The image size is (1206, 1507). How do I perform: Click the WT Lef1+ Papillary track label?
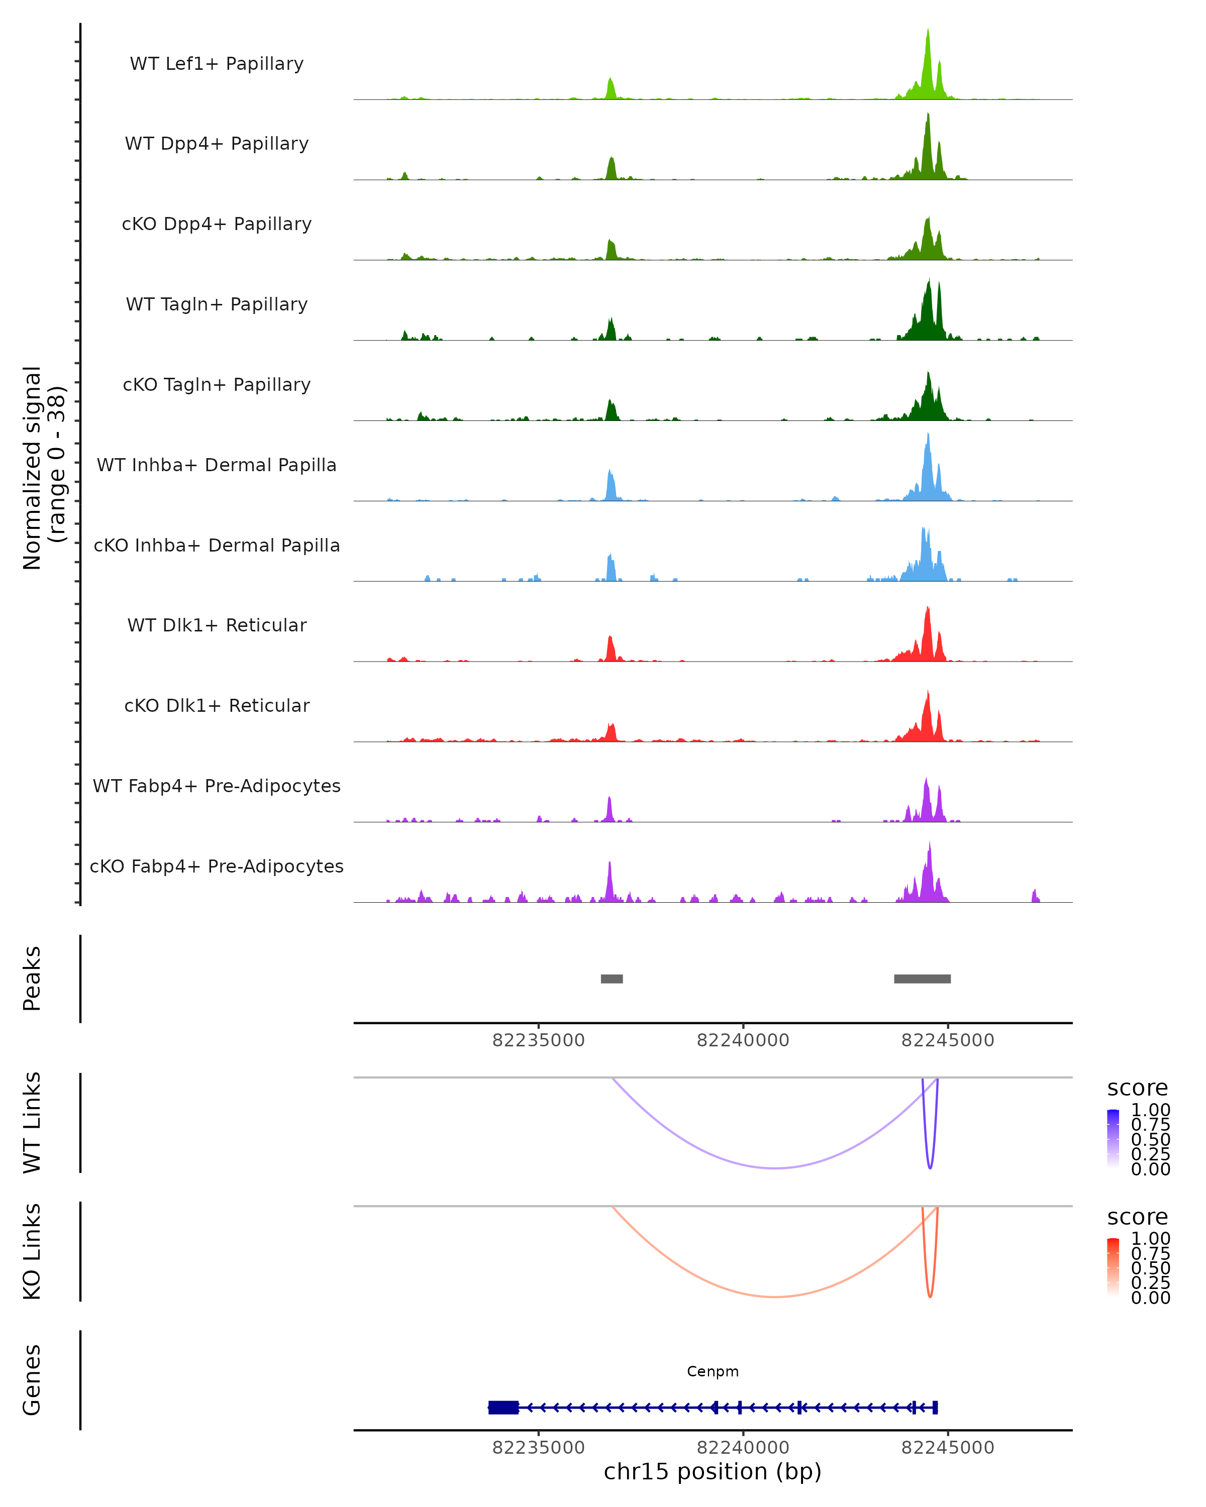(217, 64)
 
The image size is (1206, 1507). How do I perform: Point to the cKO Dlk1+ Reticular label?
(217, 705)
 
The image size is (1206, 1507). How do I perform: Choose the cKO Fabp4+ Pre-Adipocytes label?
(217, 866)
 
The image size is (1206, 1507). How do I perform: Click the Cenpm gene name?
(713, 1371)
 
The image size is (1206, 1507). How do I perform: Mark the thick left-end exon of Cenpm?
(504, 1407)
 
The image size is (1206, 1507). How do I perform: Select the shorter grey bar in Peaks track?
(612, 979)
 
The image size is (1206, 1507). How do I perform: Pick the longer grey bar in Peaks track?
(922, 979)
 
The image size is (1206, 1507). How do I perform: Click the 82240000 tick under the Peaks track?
(743, 1040)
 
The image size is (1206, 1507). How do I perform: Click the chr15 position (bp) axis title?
(713, 1471)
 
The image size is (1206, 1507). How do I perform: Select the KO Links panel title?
(32, 1251)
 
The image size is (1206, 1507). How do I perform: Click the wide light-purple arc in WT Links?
(775, 1168)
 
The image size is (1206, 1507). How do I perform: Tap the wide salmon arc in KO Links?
(775, 1297)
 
